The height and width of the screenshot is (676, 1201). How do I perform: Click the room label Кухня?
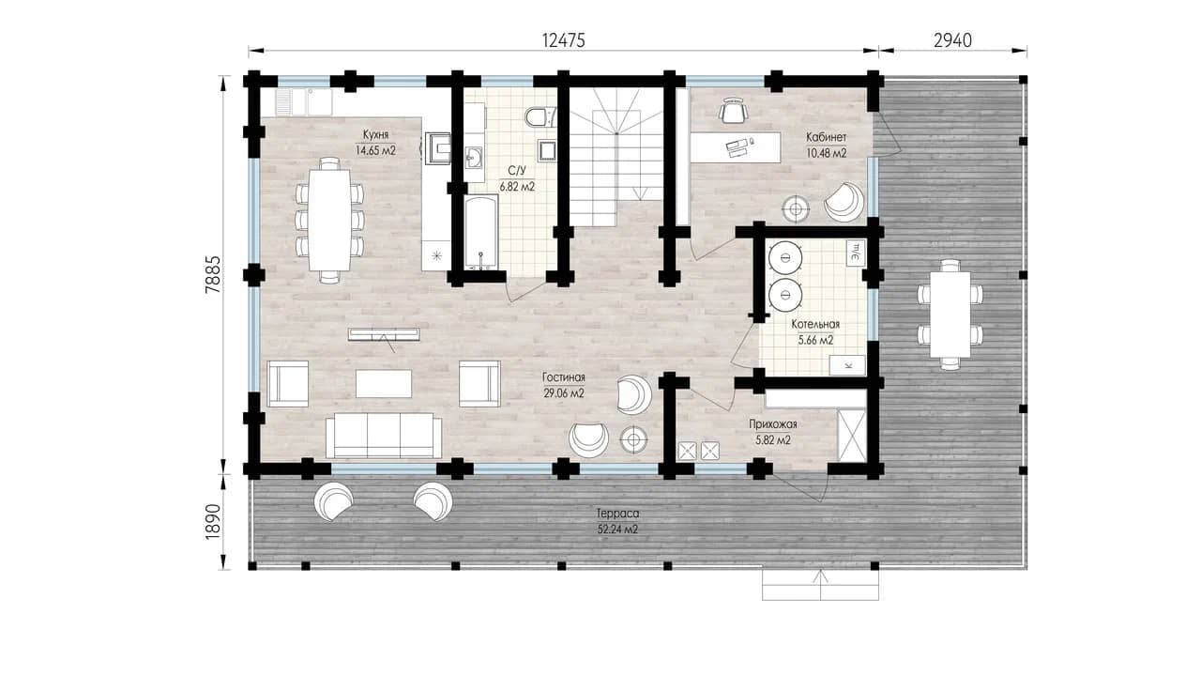point(375,134)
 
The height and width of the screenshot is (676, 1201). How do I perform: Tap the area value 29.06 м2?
point(564,393)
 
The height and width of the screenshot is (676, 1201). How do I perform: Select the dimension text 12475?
point(564,40)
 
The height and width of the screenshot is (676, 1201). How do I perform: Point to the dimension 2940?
point(952,40)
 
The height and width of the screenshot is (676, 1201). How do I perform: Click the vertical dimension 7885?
point(213,274)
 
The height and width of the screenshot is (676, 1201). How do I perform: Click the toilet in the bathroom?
point(539,117)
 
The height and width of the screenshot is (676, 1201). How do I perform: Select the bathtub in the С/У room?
point(481,232)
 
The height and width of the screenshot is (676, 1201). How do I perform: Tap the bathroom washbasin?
point(474,158)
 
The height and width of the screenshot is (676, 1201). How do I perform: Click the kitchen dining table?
point(329,220)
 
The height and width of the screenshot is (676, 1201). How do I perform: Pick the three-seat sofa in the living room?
point(384,435)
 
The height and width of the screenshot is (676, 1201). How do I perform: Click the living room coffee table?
point(384,383)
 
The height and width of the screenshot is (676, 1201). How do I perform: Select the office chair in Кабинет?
point(733,111)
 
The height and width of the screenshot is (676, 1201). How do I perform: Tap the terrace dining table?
point(950,315)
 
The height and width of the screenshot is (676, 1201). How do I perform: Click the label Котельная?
point(815,325)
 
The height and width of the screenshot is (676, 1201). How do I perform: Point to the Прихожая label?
point(773,424)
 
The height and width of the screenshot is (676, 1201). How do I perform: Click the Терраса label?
point(617,514)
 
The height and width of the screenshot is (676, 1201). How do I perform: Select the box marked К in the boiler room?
point(847,365)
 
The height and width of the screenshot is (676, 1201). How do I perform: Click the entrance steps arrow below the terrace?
point(820,585)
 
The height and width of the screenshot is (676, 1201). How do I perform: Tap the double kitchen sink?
point(304,102)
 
